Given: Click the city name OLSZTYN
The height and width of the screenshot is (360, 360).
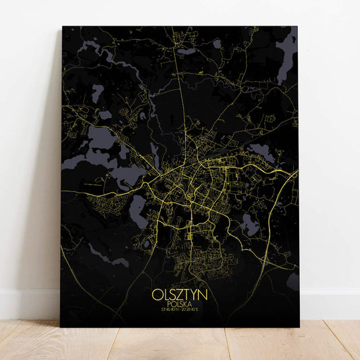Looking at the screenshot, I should coord(180,295).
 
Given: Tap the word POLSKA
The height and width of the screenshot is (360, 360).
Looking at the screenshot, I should coord(180,305).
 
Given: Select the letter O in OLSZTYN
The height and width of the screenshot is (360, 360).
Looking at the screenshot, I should coord(157,295).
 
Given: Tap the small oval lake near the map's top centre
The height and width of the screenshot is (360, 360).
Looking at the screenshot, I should coord(217,44).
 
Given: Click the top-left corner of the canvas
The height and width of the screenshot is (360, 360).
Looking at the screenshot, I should coord(63,27).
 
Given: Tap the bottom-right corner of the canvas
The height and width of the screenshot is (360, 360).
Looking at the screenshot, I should coord(297,327).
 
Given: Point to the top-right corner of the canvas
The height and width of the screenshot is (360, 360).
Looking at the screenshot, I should coord(297,27).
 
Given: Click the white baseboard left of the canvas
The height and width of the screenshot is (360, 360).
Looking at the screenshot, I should coord(27,304).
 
